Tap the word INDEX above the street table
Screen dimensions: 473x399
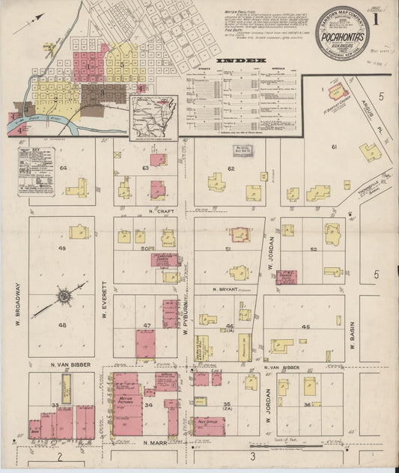pyautogui.click(x=241, y=60)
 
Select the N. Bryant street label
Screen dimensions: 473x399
pyautogui.click(x=224, y=288)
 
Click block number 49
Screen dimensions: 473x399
pyautogui.click(x=63, y=248)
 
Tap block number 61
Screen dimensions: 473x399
pyautogui.click(x=335, y=147)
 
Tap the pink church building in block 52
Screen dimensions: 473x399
pyautogui.click(x=286, y=277)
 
